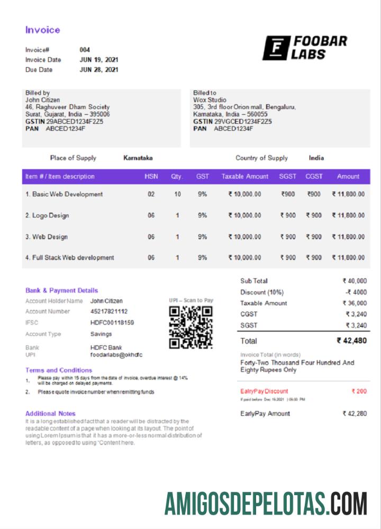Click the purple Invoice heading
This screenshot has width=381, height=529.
pos(43,30)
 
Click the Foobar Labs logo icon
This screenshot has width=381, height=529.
pos(276,48)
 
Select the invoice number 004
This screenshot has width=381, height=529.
pos(85,50)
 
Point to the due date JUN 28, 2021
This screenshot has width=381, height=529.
pos(99,70)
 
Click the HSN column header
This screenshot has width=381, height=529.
pos(151,177)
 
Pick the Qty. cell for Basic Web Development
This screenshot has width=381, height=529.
pos(177,194)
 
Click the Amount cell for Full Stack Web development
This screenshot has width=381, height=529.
pos(348,258)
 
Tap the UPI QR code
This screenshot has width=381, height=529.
pos(190,327)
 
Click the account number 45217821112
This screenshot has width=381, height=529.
pos(109,312)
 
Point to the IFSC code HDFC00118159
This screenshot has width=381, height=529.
pos(112,323)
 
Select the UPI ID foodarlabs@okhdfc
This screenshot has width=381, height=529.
pos(116,355)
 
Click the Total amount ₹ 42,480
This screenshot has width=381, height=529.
pos(351,341)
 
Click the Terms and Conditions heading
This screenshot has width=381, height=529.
pos(59,370)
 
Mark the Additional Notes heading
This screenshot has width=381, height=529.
pos(50,413)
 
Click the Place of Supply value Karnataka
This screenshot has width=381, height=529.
pos(138,158)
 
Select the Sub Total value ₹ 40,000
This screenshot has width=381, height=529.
pos(355,281)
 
